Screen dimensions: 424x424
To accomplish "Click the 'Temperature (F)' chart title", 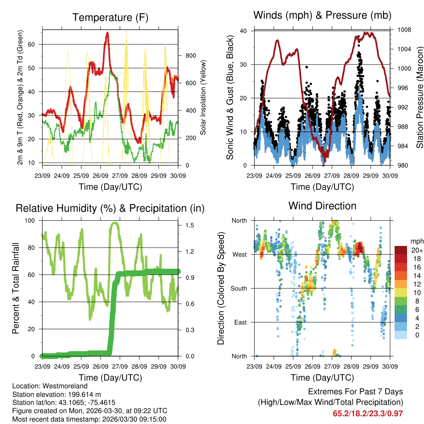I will (110, 17).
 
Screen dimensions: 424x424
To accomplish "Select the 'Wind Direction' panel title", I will (322, 206).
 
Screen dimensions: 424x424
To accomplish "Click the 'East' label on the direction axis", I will (239, 322).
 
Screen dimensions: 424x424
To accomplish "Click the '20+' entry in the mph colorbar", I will (417, 250).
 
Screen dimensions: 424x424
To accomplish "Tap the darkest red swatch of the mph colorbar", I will (401, 250).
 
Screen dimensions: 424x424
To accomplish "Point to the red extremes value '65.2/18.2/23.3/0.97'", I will (368, 413).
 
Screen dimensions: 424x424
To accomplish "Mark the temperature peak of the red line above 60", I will (108, 33).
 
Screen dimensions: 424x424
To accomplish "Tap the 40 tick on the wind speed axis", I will (243, 31).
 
